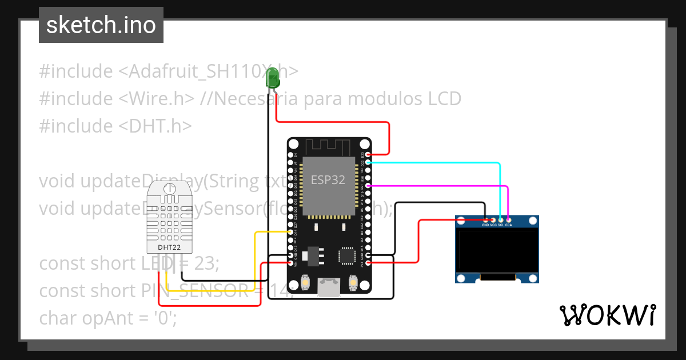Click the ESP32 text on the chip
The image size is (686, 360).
pyautogui.click(x=328, y=179)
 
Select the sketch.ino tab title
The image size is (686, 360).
pyautogui.click(x=101, y=25)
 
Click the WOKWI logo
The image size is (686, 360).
pyautogui.click(x=607, y=315)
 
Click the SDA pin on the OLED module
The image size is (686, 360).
pyautogui.click(x=508, y=219)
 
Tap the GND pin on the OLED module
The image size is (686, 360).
pyautogui.click(x=485, y=219)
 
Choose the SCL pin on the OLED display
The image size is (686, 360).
pyautogui.click(x=501, y=219)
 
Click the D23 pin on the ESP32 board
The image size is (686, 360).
pyautogui.click(x=368, y=154)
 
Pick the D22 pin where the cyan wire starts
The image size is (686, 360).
pyautogui.click(x=368, y=162)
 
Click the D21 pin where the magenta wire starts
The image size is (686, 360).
pyautogui.click(x=368, y=186)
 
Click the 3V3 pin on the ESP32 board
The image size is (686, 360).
pyautogui.click(x=368, y=263)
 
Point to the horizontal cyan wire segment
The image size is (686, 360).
pyautogui.click(x=434, y=163)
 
